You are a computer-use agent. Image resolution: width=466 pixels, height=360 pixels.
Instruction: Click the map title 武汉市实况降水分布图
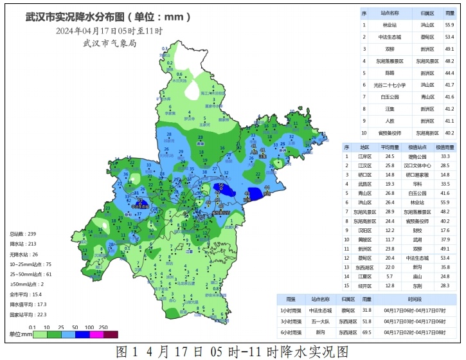tap(75, 17)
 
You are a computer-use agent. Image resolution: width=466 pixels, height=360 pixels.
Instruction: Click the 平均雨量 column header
tap(390, 147)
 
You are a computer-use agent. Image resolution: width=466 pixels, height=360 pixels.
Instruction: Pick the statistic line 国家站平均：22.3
tap(28, 314)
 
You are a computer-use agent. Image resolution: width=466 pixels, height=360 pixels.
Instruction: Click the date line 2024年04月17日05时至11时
tap(109, 30)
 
